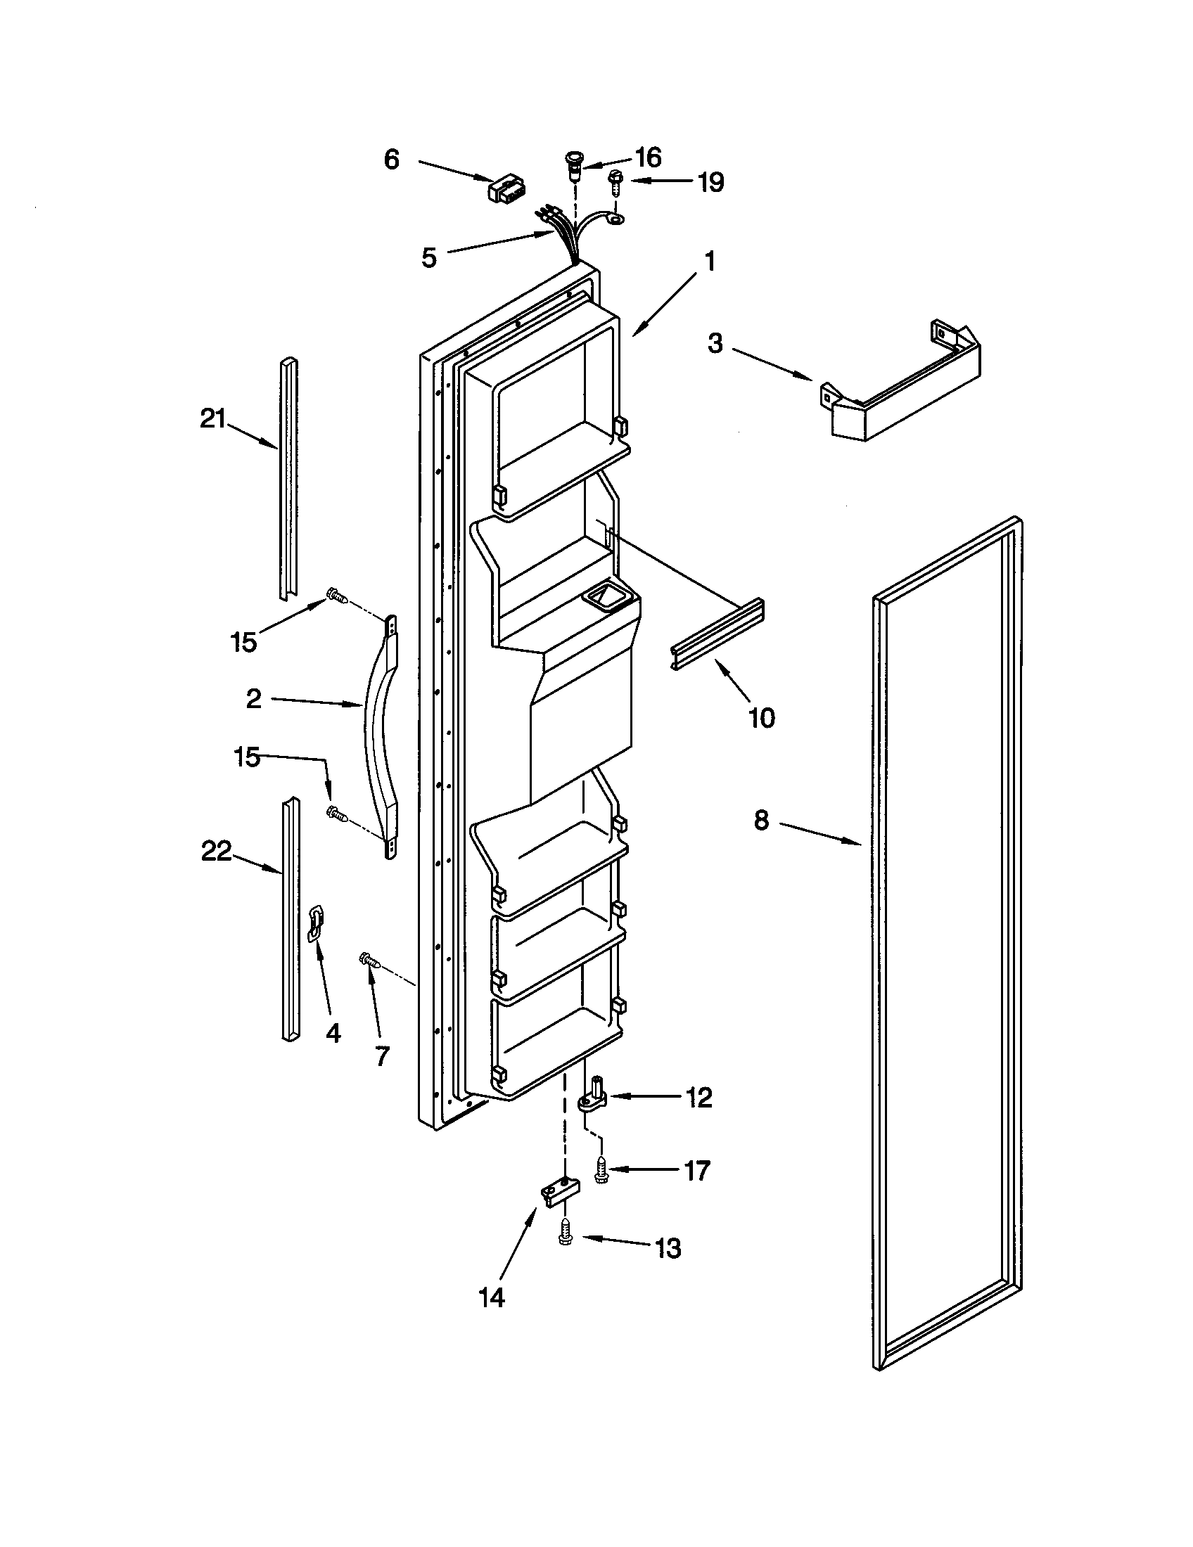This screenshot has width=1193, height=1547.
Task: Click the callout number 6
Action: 392,160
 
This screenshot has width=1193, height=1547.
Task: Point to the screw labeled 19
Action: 614,184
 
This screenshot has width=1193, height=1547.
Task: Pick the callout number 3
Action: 715,345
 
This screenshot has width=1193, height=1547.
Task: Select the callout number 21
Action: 212,419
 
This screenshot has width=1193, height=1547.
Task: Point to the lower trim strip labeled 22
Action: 291,921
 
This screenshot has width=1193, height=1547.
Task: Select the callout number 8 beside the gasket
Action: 761,821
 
